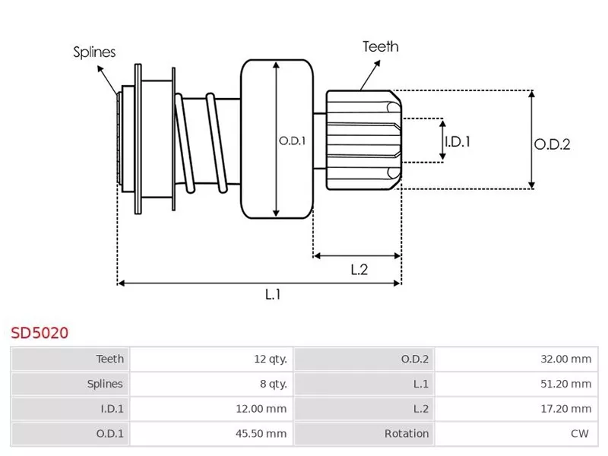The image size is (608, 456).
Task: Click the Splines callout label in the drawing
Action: coord(94,52)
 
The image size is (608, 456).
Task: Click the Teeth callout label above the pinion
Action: coord(380,46)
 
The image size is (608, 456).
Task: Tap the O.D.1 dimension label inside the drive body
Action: coord(291,141)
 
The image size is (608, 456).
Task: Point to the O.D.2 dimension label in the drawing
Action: coord(552,144)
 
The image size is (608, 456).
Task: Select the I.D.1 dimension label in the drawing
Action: coord(458,141)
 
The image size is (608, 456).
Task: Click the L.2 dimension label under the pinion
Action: coord(359,268)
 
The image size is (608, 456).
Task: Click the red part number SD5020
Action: coord(40,332)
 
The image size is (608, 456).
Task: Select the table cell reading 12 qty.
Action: coord(270,359)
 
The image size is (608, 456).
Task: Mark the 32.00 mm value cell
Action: coord(565,359)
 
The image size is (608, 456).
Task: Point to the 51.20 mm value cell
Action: coord(565,384)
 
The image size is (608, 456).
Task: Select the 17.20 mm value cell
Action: coord(565,409)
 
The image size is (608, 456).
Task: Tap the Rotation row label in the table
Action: coord(407,434)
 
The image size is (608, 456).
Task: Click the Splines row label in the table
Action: coord(104,384)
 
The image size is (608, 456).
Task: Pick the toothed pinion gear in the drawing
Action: coord(361,140)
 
